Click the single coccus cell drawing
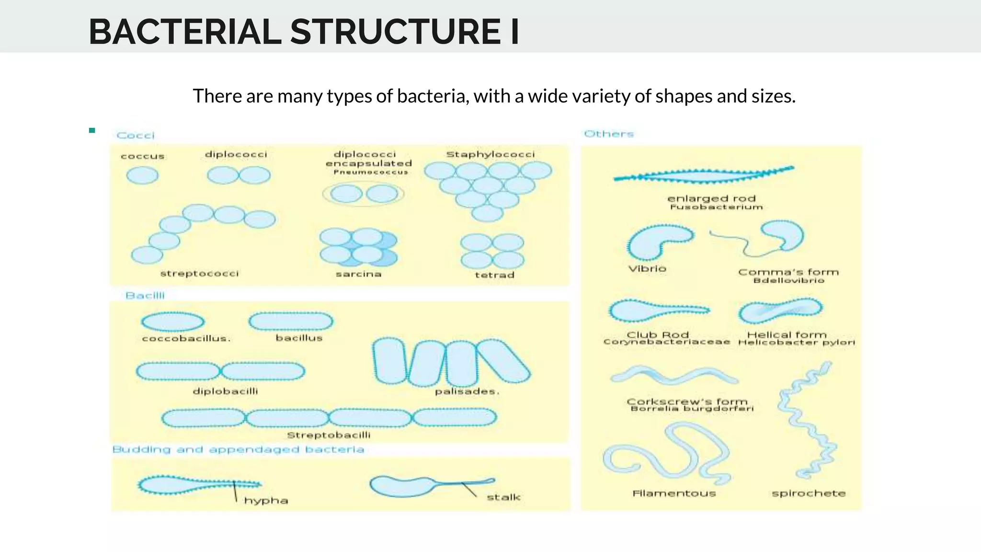coord(142,175)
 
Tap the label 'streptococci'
coord(199,274)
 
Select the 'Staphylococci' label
coord(490,154)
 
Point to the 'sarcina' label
coord(358,274)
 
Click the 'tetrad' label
coord(494,275)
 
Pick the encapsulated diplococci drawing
coord(364,194)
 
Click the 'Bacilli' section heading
coord(145,296)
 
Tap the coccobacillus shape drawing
coord(173,322)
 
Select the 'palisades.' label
coord(467,391)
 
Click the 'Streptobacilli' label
coord(329,435)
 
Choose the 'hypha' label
coord(266,501)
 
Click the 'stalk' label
coord(503,497)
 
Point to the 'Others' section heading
coord(609,134)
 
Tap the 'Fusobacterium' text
coord(716,207)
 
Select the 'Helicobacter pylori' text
coord(796,343)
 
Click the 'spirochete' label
coord(809,494)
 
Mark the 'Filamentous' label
coord(674,494)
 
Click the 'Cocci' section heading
coord(136,136)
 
